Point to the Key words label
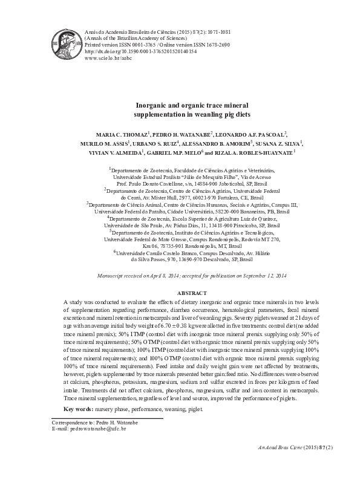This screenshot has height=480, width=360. [x=77, y=409]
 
